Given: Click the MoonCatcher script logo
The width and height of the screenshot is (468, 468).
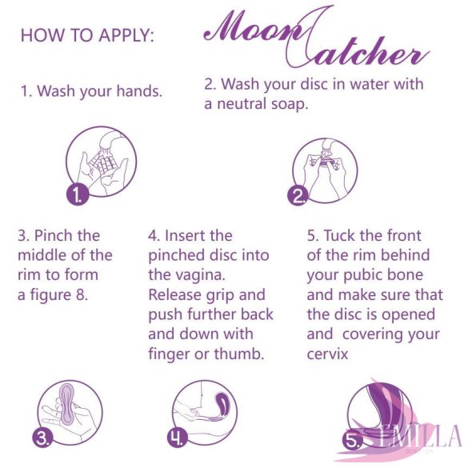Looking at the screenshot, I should [x=312, y=38].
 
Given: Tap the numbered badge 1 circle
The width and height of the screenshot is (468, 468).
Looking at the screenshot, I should [x=77, y=194].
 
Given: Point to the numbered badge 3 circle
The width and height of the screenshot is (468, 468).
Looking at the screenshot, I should [x=42, y=437].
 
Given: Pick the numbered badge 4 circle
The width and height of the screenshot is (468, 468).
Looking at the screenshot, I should [x=178, y=438].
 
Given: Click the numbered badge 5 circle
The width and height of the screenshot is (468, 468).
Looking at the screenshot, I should [x=353, y=439].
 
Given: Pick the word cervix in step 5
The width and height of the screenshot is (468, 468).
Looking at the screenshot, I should [x=326, y=353].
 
